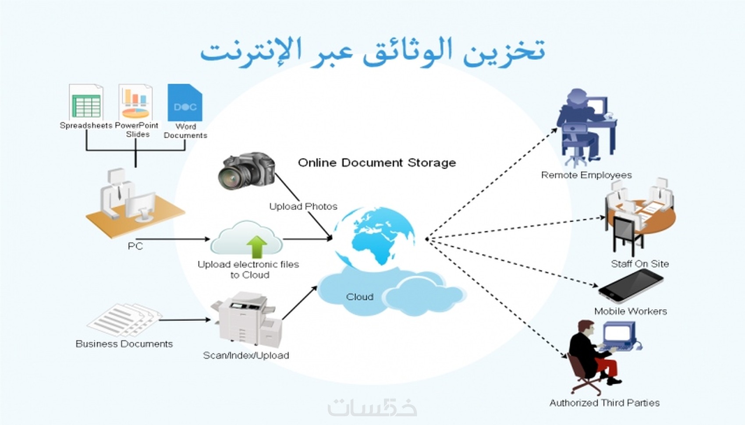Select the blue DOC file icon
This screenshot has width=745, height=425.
[185, 103]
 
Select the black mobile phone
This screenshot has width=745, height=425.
[631, 286]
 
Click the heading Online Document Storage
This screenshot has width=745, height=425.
[377, 163]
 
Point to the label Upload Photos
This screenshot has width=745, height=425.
[303, 206]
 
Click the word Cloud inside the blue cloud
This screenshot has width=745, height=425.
[360, 297]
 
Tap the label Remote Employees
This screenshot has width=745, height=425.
[586, 175]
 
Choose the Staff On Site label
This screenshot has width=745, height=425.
[640, 264]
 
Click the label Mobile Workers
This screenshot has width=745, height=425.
[631, 311]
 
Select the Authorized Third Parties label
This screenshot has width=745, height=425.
[604, 403]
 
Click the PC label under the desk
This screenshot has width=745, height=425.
[135, 246]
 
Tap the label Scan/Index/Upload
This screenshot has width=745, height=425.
[246, 355]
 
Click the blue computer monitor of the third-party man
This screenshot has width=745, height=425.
[619, 334]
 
